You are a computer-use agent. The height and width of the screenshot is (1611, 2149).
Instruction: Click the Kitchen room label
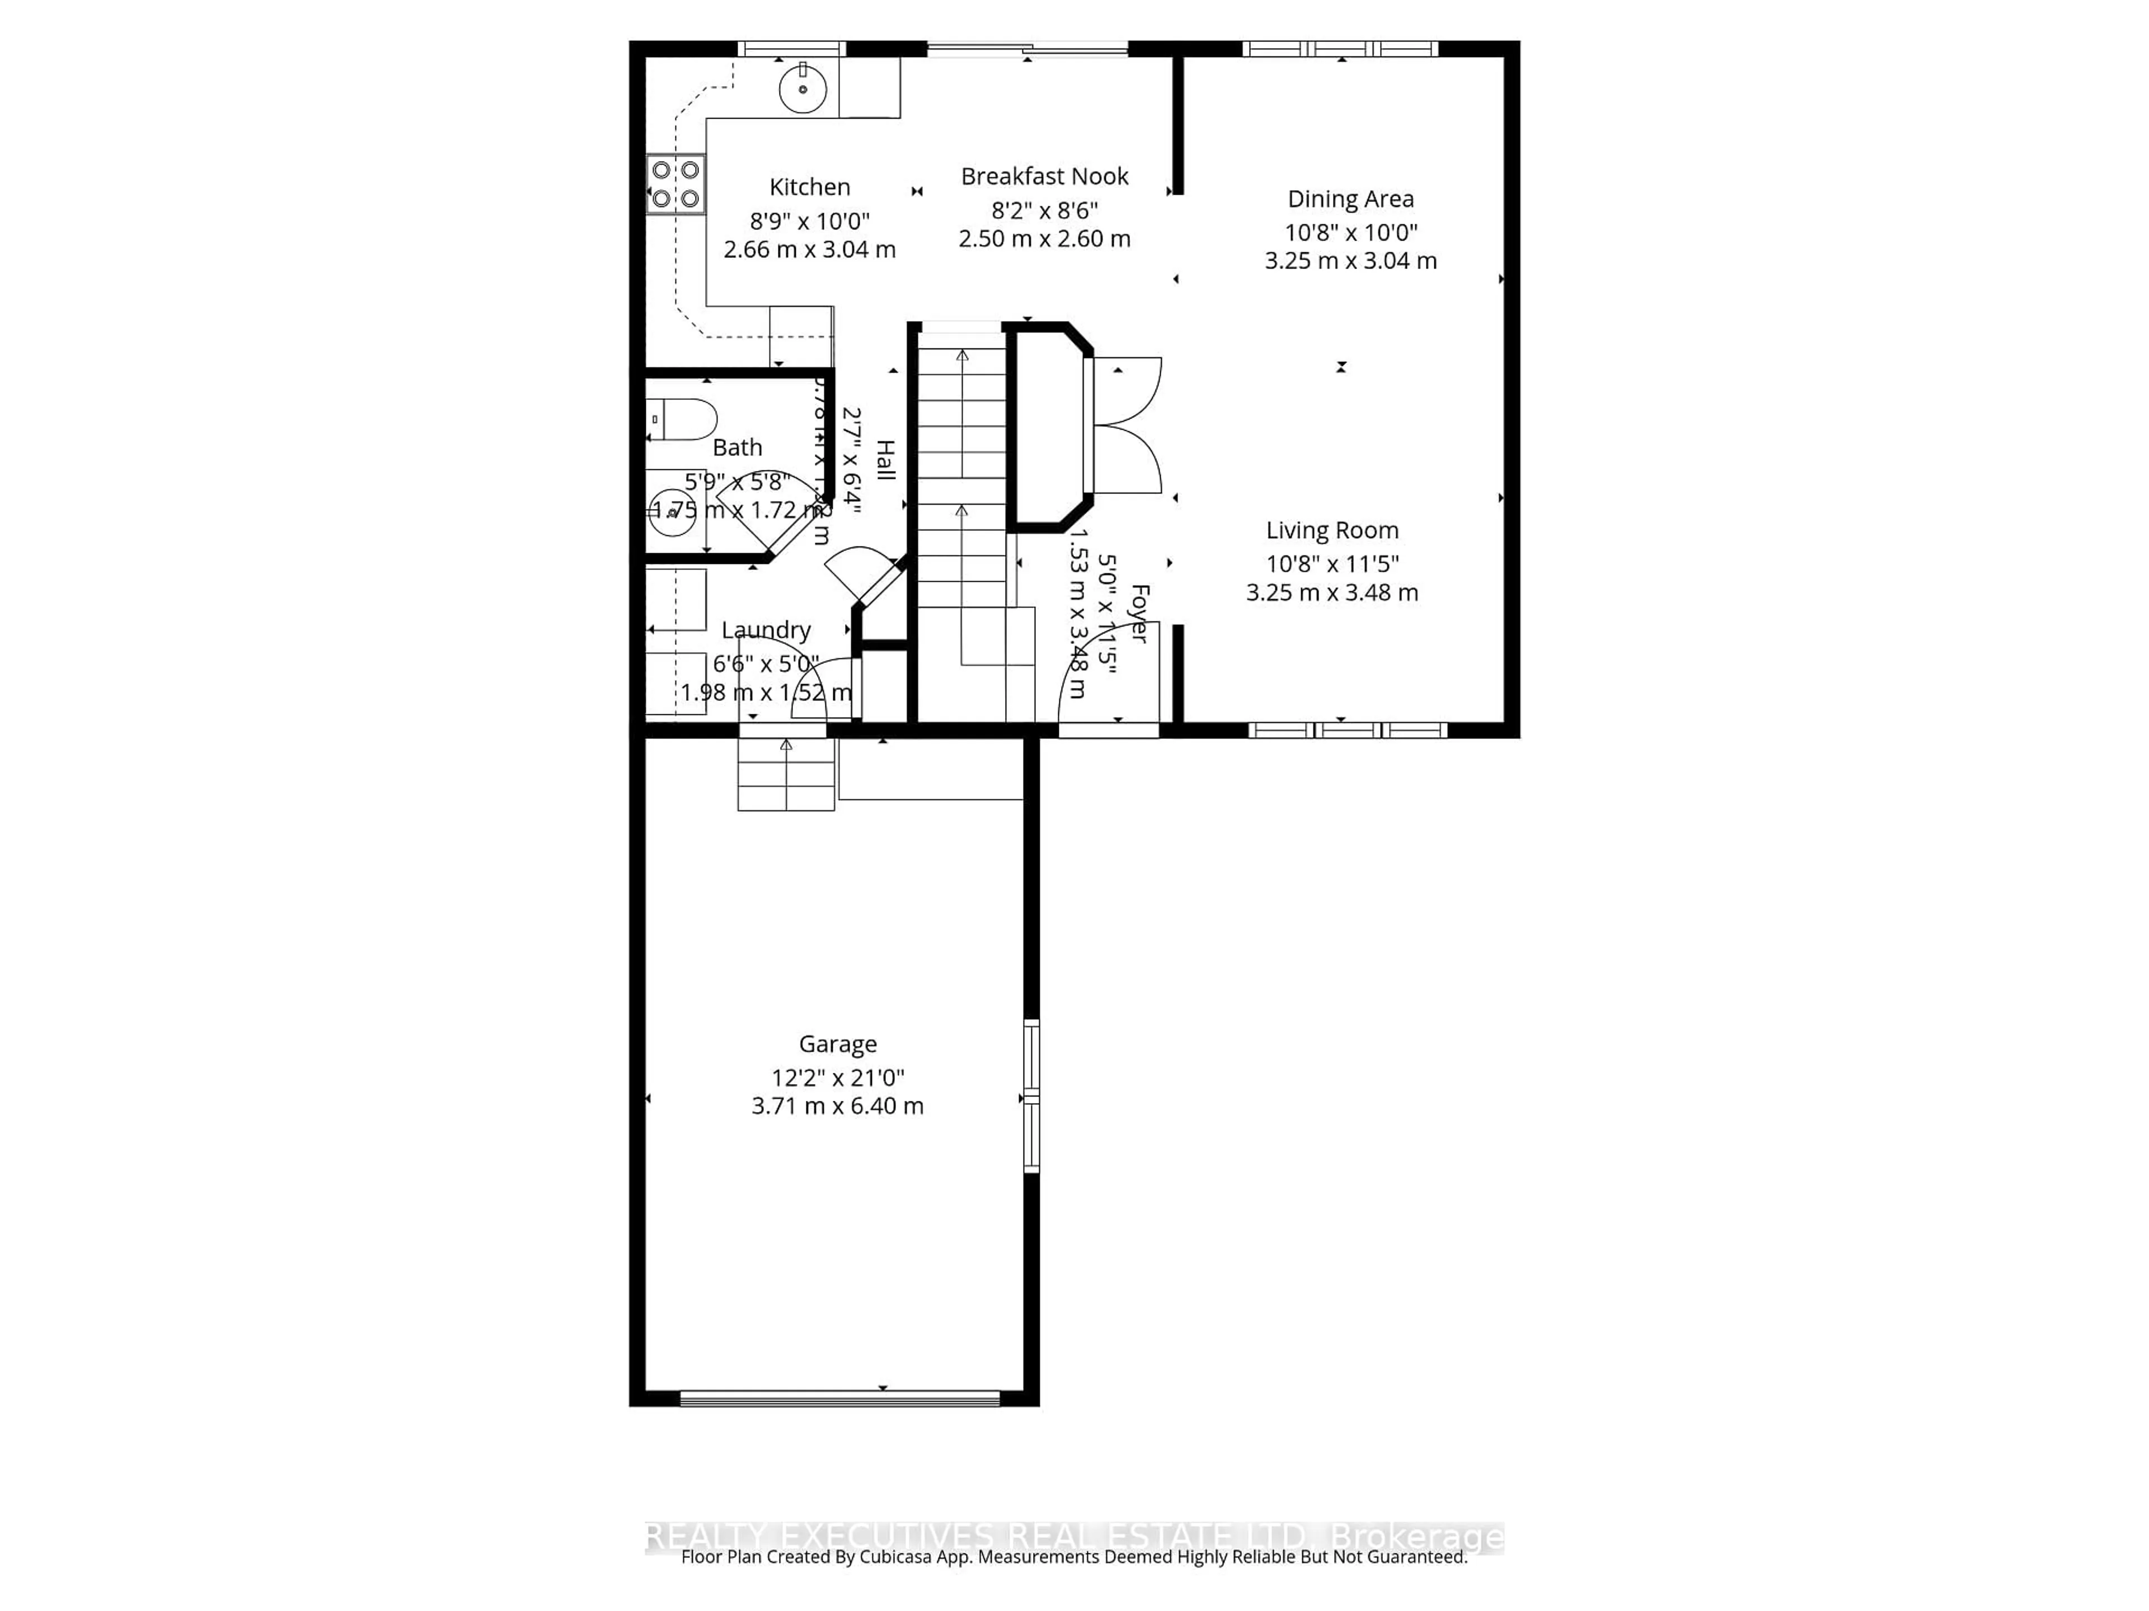coord(809,187)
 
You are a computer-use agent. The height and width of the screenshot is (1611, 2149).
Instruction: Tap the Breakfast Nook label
coord(1044,177)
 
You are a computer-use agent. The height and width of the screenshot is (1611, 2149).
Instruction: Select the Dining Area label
coord(1350,199)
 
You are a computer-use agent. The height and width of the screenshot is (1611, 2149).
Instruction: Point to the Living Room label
coord(1332,530)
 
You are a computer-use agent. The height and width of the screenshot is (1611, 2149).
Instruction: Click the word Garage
coord(837,1044)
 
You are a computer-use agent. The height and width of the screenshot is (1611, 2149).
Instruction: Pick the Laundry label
coord(766,630)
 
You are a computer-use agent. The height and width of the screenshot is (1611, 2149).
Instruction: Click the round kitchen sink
coord(803,90)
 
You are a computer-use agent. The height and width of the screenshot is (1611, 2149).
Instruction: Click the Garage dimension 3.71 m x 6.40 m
coord(837,1106)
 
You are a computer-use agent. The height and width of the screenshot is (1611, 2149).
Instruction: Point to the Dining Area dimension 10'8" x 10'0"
coord(1350,232)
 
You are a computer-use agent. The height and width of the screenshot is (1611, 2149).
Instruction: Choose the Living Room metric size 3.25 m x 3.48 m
coord(1332,592)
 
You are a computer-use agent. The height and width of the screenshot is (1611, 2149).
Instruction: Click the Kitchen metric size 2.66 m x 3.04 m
coord(809,249)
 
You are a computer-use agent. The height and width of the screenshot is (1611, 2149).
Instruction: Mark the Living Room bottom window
coord(1348,730)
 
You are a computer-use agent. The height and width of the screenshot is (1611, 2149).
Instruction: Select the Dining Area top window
coord(1341,49)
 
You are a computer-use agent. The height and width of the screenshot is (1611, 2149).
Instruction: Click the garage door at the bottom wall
coord(839,1398)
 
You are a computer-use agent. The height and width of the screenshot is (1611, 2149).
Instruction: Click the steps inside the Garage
coord(786,774)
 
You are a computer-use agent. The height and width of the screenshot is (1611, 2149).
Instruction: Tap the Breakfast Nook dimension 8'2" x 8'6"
coord(1044,210)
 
